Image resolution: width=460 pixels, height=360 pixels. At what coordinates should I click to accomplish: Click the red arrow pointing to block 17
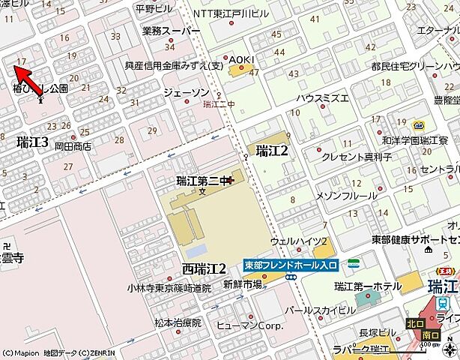click(24, 76)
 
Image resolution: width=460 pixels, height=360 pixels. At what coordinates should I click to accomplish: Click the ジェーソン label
click(186, 91)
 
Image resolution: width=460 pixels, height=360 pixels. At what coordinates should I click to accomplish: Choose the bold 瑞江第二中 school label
click(204, 180)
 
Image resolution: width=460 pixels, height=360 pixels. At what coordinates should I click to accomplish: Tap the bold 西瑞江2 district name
click(204, 268)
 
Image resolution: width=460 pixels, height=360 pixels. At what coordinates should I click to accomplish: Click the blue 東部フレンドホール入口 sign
click(291, 265)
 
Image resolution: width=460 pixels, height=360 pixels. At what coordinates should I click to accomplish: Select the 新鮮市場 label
click(242, 283)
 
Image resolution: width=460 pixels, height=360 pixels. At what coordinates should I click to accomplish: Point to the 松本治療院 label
click(178, 322)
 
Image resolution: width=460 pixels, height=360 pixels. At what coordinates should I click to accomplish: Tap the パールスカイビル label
click(330, 308)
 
